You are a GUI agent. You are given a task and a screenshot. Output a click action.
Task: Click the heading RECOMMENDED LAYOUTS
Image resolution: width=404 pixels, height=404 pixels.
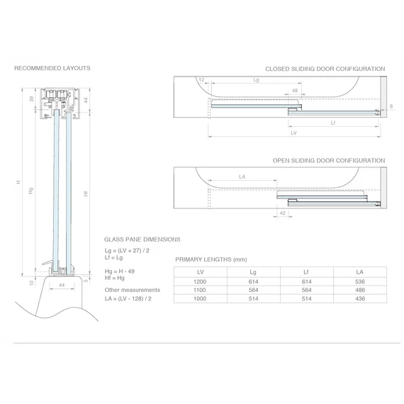(52, 68)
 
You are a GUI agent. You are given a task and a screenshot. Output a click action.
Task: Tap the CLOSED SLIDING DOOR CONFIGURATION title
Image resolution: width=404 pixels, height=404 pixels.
(325, 69)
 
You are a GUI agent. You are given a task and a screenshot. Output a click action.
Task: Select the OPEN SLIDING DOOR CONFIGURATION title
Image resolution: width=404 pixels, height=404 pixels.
(329, 160)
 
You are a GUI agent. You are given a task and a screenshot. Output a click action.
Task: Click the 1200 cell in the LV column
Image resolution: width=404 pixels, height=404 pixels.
(200, 281)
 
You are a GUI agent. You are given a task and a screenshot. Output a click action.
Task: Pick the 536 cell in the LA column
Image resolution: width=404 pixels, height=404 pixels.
(360, 281)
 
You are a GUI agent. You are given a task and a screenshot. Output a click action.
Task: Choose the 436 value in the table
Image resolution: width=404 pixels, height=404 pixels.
(360, 298)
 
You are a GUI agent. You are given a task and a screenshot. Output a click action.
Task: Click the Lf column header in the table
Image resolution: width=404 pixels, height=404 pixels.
(306, 272)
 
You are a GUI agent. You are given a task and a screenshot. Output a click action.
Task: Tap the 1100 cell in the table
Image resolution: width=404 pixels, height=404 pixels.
(200, 290)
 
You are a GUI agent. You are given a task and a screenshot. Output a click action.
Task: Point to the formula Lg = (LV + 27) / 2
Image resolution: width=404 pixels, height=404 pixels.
(127, 251)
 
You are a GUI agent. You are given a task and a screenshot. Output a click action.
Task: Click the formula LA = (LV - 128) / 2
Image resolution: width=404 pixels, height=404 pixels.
(128, 298)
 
